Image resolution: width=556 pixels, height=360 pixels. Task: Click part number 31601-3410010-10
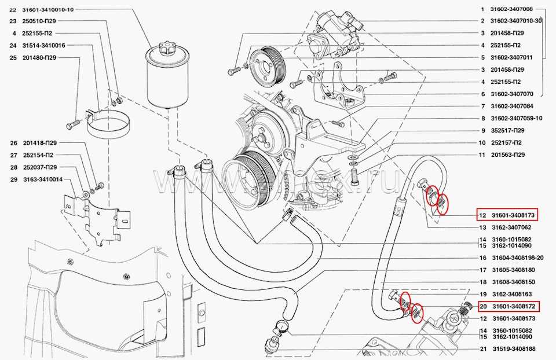[x=49, y=10]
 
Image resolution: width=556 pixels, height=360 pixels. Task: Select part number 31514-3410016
[x=43, y=45]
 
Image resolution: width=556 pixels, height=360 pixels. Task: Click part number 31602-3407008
[x=511, y=10]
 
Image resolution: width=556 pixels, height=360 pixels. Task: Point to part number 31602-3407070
[x=511, y=94]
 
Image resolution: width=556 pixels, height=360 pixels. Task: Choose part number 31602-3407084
[x=511, y=106]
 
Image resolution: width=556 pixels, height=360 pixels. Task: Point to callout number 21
[x=482, y=349]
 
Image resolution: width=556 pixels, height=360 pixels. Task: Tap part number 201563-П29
[x=508, y=155]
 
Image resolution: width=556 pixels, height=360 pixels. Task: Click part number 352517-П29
[x=508, y=130]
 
